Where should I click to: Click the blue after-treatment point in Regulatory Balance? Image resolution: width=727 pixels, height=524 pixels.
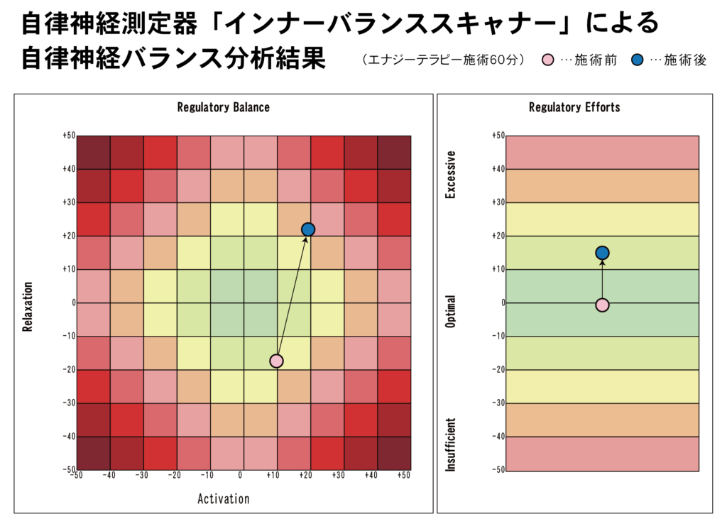click(x=308, y=229)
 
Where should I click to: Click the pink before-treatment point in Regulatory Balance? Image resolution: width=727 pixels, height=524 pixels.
click(x=276, y=361)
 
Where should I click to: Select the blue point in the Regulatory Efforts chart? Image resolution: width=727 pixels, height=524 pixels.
click(x=602, y=253)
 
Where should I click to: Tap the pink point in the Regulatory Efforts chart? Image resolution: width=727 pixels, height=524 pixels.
click(x=602, y=305)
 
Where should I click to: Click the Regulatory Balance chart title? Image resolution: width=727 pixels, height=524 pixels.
click(x=223, y=107)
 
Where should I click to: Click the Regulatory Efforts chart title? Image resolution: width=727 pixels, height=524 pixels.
click(x=574, y=107)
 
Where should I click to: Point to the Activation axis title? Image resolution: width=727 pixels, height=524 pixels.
click(x=223, y=498)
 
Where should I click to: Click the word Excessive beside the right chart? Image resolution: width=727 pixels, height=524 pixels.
click(x=450, y=174)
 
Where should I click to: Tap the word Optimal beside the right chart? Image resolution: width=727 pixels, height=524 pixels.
click(x=450, y=311)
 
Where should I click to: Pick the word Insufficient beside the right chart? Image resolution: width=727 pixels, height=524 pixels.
click(x=450, y=444)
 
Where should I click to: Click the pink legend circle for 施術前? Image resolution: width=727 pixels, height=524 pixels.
click(x=549, y=60)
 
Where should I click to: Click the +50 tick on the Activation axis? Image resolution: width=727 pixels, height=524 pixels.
click(x=403, y=475)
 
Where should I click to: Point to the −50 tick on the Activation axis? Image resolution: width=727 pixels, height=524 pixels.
click(x=75, y=475)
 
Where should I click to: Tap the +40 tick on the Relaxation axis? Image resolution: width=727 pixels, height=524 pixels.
click(x=68, y=169)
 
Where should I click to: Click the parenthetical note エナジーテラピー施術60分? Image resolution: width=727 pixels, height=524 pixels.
click(x=444, y=60)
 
